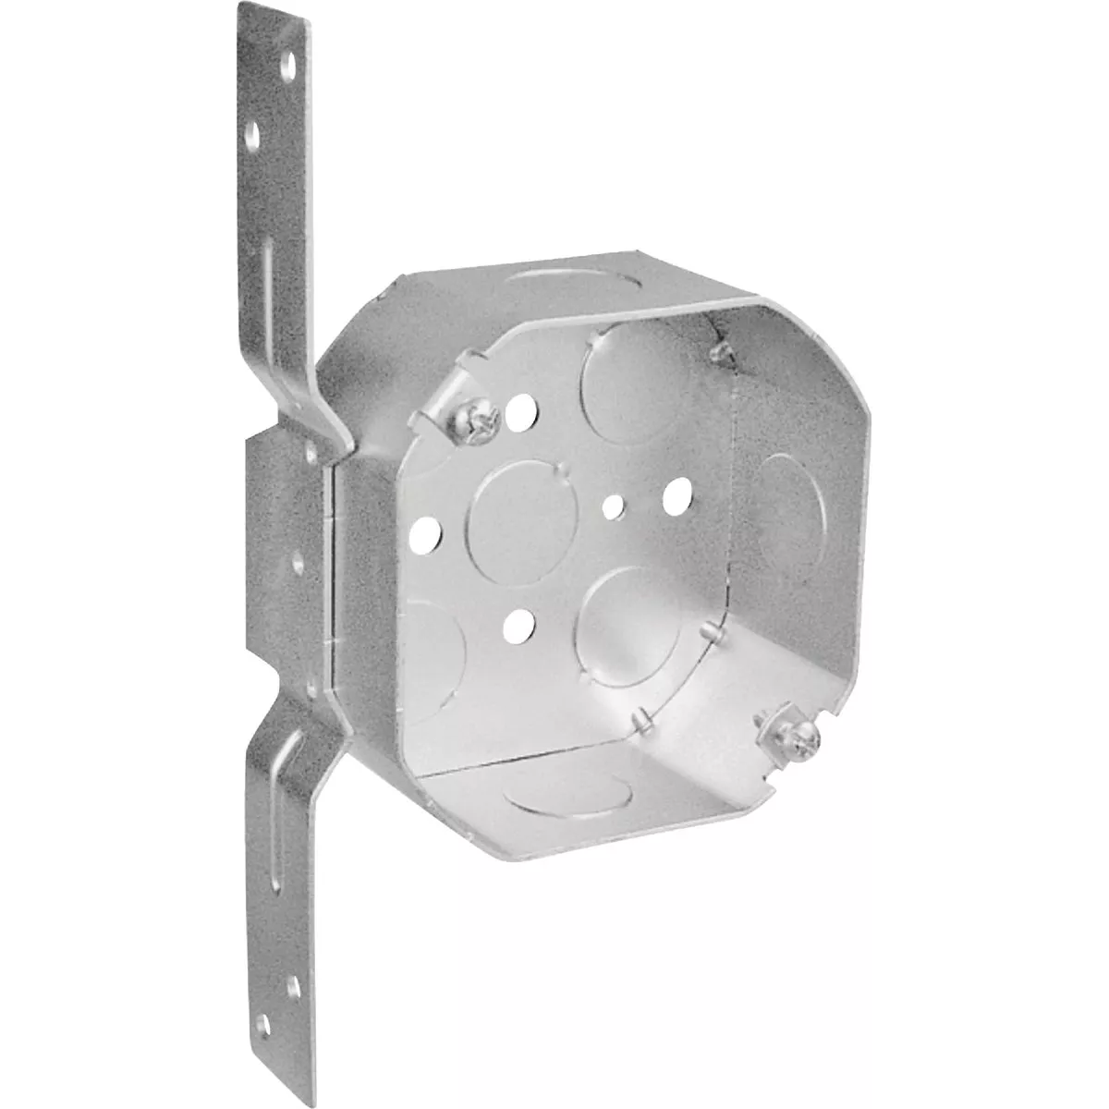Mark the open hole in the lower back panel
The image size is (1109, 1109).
(518, 627)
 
